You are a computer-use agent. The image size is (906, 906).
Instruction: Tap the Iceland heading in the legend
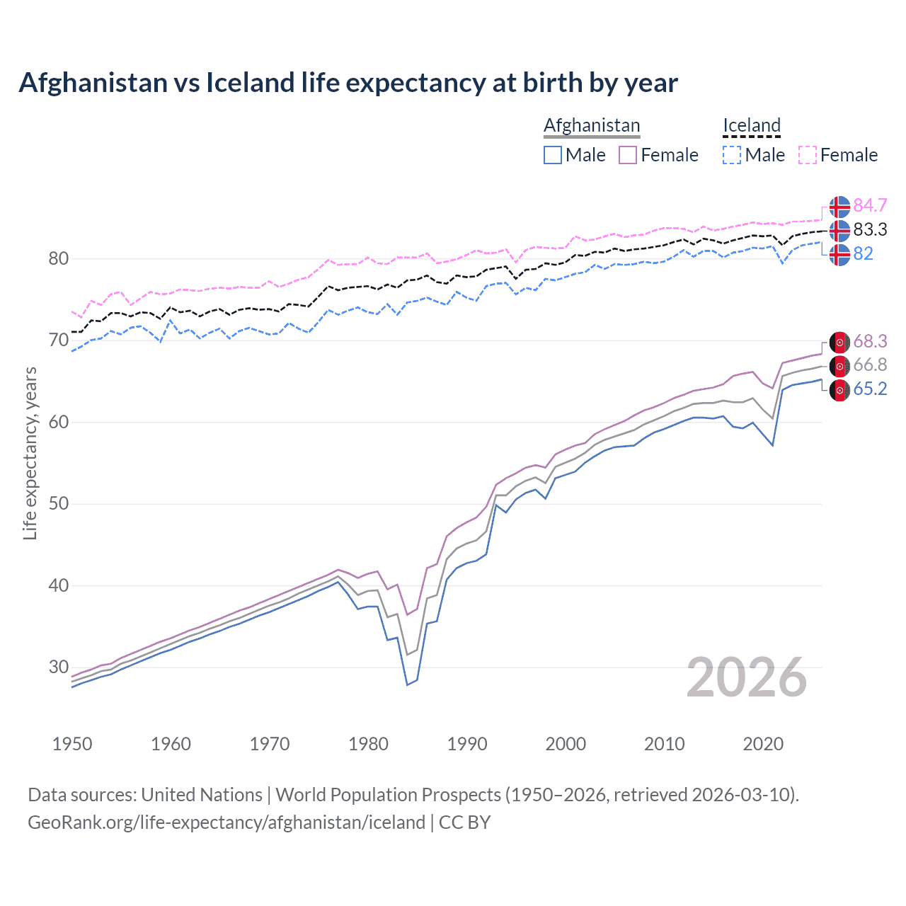click(x=751, y=125)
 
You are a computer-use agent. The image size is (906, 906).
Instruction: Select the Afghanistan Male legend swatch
click(x=553, y=155)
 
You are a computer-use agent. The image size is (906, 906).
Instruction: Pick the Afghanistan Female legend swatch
click(x=628, y=155)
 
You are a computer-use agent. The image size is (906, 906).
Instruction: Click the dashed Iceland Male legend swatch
click(x=732, y=155)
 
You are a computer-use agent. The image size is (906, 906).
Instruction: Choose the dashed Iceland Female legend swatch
click(x=808, y=155)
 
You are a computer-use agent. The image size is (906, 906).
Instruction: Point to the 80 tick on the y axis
click(x=59, y=259)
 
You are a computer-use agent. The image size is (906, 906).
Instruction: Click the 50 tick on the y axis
click(x=59, y=504)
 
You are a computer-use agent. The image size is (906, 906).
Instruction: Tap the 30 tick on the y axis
click(x=59, y=667)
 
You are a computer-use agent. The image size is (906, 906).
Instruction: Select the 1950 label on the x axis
click(x=72, y=744)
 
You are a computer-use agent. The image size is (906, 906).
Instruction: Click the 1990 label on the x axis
click(x=467, y=744)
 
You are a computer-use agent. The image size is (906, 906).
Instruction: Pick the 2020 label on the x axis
click(x=763, y=744)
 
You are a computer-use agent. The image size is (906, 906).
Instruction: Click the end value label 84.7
click(x=870, y=206)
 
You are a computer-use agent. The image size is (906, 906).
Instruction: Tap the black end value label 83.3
click(x=870, y=230)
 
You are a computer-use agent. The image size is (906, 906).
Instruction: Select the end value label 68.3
click(x=870, y=342)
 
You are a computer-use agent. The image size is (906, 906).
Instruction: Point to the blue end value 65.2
click(x=870, y=389)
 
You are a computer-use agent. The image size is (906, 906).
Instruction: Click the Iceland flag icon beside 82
click(x=839, y=254)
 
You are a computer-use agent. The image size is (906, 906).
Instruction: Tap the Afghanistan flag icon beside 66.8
click(x=839, y=366)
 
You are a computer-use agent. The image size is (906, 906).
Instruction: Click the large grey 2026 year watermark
click(x=746, y=678)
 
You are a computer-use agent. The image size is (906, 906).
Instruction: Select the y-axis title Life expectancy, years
click(x=30, y=453)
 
